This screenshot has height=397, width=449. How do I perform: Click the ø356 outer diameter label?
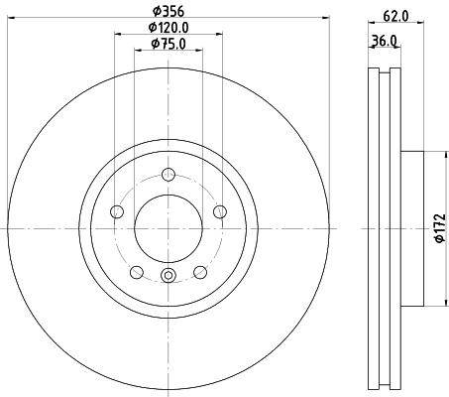tap(168, 12)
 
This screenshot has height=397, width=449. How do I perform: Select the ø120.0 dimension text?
tap(168, 28)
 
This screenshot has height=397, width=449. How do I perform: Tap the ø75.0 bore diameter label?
tap(168, 44)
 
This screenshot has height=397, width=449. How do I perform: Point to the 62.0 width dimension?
tap(395, 16)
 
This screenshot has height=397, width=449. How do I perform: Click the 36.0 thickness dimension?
tap(384, 41)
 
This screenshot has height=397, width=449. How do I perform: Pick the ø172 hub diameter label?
tap(440, 228)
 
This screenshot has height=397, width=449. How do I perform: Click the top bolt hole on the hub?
tap(168, 175)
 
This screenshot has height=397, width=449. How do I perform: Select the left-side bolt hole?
tap(117, 211)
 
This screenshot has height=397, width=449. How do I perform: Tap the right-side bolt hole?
tap(220, 211)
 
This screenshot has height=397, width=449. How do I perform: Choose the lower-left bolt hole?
tap(137, 272)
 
